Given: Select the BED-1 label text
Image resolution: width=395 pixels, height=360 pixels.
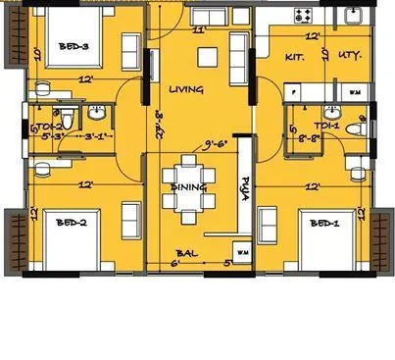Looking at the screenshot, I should tap(324, 223).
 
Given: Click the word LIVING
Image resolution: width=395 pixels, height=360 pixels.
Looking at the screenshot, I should tap(186, 89).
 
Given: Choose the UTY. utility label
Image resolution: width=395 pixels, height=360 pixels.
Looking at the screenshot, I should tap(348, 56).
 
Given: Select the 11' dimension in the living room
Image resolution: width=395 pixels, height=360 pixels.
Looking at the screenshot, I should tap(199, 30).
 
